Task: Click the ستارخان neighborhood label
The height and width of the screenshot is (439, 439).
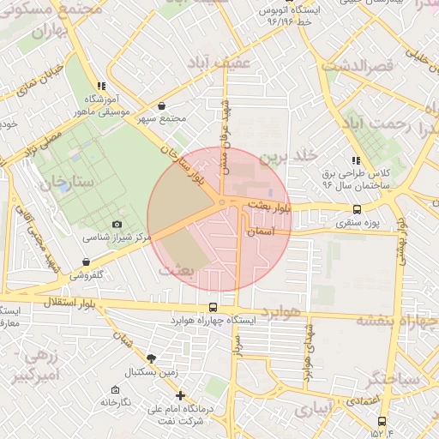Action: click(49, 181)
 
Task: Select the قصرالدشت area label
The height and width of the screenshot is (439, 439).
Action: click(358, 65)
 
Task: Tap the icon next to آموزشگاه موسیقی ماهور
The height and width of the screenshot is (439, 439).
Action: click(102, 86)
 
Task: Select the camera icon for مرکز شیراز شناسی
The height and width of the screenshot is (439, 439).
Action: click(117, 224)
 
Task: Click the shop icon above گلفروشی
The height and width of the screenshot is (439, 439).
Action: click(86, 262)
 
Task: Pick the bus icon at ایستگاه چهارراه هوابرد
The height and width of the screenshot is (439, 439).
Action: click(213, 308)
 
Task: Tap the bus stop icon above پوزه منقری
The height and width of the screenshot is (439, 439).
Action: click(357, 209)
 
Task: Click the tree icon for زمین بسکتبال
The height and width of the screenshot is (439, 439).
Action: click(152, 358)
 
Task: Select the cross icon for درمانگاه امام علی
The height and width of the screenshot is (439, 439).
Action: click(180, 395)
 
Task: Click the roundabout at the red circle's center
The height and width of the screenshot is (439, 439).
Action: click(222, 202)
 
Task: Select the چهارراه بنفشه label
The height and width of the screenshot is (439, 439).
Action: click(395, 320)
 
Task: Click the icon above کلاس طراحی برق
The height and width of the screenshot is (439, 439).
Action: click(355, 160)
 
